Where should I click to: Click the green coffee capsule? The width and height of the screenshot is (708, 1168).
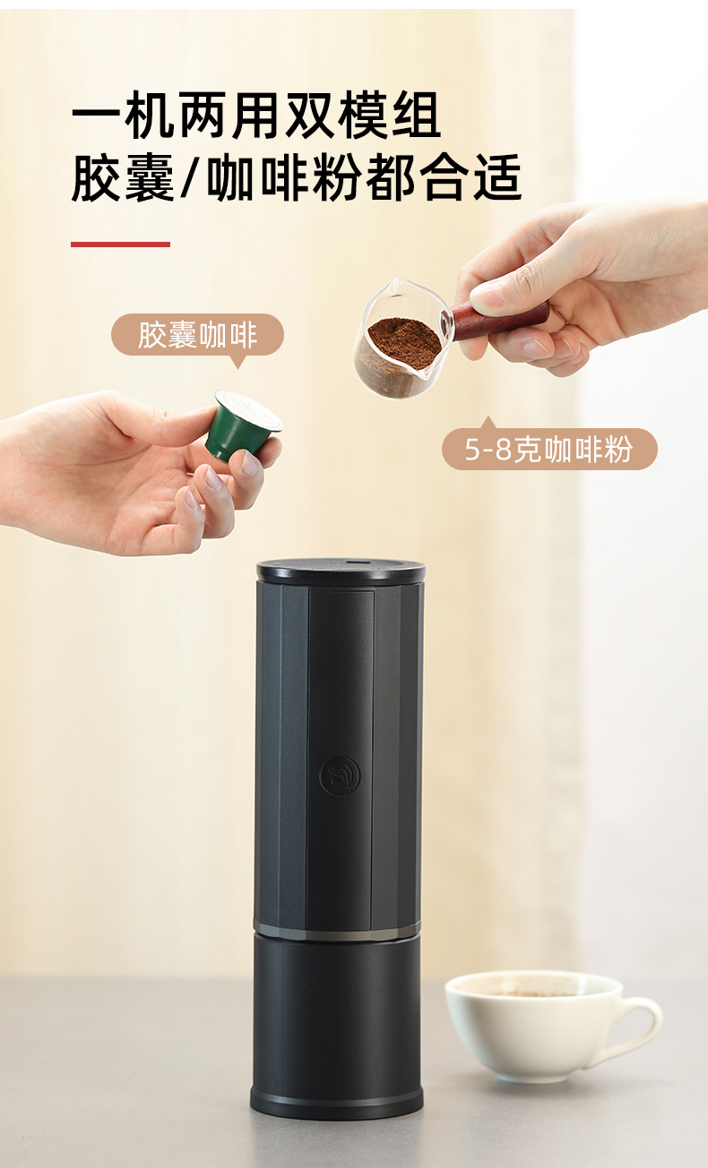coord(243,425)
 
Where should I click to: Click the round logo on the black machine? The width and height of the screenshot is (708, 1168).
coord(340,777)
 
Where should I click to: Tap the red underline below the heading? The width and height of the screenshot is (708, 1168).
coord(120,244)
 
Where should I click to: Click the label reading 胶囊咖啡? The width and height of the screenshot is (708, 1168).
coord(197,335)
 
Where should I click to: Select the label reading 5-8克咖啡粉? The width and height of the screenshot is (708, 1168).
coord(549,449)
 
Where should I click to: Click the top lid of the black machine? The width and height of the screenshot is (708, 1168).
coord(341,571)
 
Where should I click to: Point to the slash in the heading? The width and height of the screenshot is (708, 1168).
coord(190,177)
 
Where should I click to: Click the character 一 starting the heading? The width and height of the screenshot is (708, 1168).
coord(97,116)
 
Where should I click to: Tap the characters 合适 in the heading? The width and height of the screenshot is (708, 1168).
coord(471,177)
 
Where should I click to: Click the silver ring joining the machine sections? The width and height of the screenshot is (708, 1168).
coord(338,932)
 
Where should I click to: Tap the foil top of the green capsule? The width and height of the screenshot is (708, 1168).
coord(249,410)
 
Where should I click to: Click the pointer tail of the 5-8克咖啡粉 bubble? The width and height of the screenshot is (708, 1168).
coord(488,423)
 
